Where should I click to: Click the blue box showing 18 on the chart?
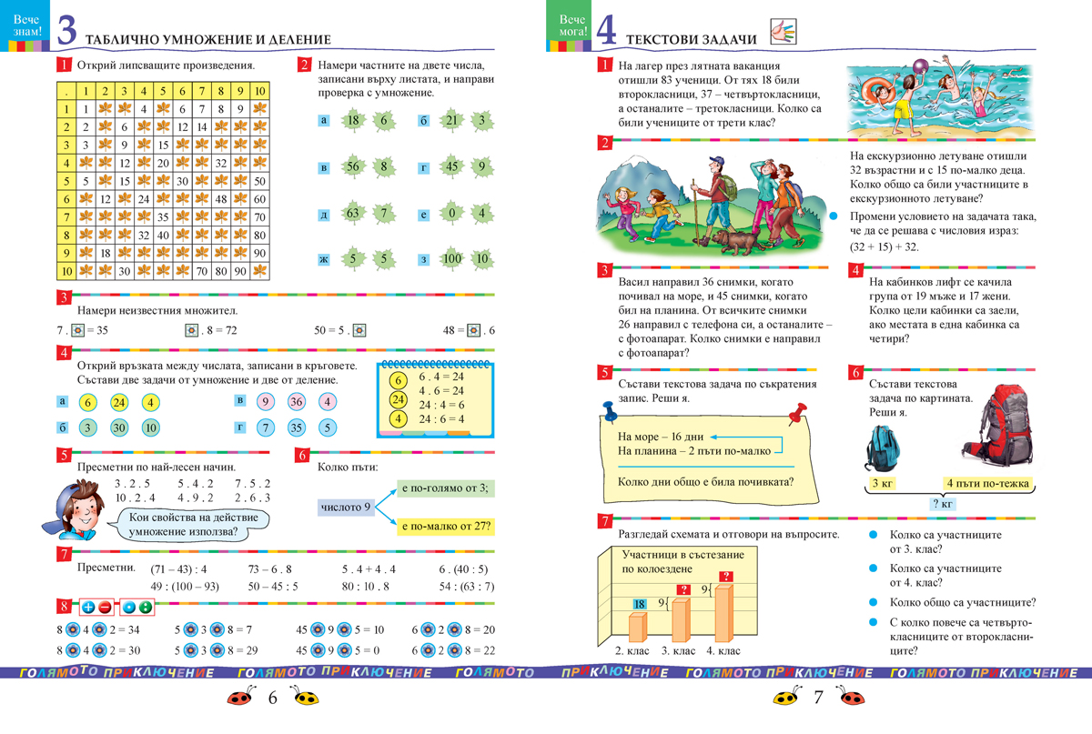pyautogui.click(x=640, y=604)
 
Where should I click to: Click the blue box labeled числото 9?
pyautogui.click(x=346, y=507)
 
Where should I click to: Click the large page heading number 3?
pyautogui.click(x=66, y=30)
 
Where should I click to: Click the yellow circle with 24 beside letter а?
pyautogui.click(x=119, y=403)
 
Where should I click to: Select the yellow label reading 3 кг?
pyautogui.click(x=881, y=483)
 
